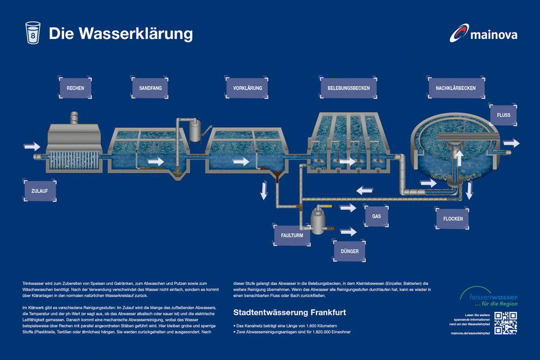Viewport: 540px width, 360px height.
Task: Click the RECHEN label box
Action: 75,88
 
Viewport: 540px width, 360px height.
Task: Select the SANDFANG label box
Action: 150,88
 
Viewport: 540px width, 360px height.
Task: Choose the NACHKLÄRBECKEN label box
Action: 452,88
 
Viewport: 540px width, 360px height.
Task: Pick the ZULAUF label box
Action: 40,191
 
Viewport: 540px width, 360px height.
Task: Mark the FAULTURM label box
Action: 292,235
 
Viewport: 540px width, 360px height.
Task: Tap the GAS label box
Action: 376,216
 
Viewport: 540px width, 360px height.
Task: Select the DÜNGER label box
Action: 349,251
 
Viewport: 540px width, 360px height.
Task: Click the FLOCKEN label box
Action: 452,219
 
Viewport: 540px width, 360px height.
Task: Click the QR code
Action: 505,323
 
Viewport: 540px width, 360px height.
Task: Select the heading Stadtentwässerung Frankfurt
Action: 289,313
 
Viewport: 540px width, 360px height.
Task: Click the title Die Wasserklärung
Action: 120,33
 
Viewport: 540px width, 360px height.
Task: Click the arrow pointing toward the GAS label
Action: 348,208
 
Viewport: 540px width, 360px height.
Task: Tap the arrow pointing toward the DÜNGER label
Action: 348,232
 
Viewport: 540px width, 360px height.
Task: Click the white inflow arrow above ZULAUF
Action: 32,146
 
